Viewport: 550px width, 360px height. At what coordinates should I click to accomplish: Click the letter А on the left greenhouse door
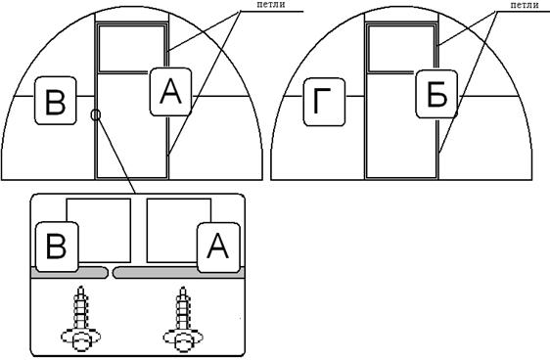pos(170,92)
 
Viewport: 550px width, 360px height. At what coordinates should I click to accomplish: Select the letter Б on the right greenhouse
pos(437,94)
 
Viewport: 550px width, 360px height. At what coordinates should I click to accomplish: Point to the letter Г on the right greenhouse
pos(322,102)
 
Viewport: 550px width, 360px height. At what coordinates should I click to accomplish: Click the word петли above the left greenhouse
pos(271,5)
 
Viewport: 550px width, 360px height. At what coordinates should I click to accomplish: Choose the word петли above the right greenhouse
pos(525,5)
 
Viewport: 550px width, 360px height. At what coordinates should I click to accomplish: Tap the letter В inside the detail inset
pos(56,247)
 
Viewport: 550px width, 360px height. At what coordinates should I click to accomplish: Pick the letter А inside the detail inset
pos(218,247)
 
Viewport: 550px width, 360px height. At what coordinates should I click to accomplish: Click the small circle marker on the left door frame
pos(96,114)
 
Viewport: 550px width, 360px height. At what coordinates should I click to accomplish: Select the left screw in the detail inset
pos(80,319)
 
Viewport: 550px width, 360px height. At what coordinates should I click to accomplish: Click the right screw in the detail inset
pos(183,319)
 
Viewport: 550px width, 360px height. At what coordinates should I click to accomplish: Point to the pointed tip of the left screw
pos(81,287)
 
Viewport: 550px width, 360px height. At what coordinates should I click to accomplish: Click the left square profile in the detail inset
pos(99,230)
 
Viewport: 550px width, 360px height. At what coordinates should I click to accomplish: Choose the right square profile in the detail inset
pos(179,230)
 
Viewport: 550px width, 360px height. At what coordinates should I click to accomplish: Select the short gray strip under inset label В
pos(69,273)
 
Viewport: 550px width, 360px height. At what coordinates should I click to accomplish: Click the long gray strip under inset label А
pos(179,273)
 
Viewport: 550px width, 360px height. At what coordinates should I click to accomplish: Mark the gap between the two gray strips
pos(111,273)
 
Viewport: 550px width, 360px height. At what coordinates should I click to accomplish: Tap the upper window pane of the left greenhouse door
pos(132,49)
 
